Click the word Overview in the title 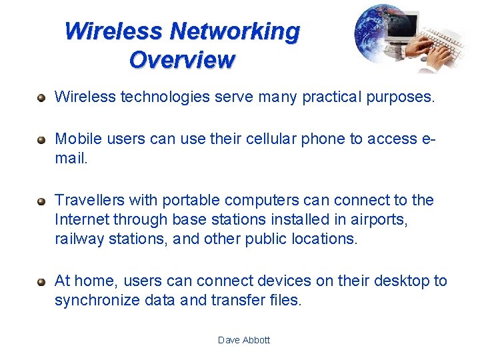click(x=182, y=60)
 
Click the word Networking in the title click(x=235, y=31)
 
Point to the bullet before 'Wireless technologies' click(x=41, y=98)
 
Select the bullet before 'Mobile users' click(x=41, y=139)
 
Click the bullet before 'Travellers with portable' click(x=41, y=201)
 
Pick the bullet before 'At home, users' click(x=41, y=282)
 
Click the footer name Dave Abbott click(x=244, y=340)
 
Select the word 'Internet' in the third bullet click(x=82, y=219)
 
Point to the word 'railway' click(x=79, y=239)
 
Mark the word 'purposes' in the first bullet click(x=401, y=97)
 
